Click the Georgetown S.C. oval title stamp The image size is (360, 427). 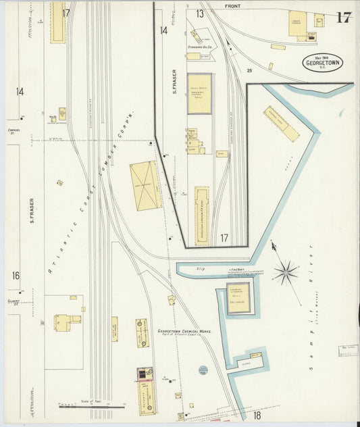click(323, 63)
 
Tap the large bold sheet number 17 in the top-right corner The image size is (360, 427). click(343, 17)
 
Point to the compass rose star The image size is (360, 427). click(286, 272)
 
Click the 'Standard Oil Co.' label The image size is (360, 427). click(200, 47)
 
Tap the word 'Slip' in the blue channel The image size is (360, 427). click(200, 270)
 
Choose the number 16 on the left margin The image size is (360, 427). click(16, 276)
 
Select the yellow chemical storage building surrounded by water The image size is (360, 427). click(238, 297)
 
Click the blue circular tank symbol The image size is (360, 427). click(203, 370)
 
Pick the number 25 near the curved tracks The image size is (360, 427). click(249, 70)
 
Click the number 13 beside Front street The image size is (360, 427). click(201, 13)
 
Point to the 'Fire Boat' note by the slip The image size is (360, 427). click(236, 269)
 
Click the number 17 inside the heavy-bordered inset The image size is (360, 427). click(224, 238)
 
